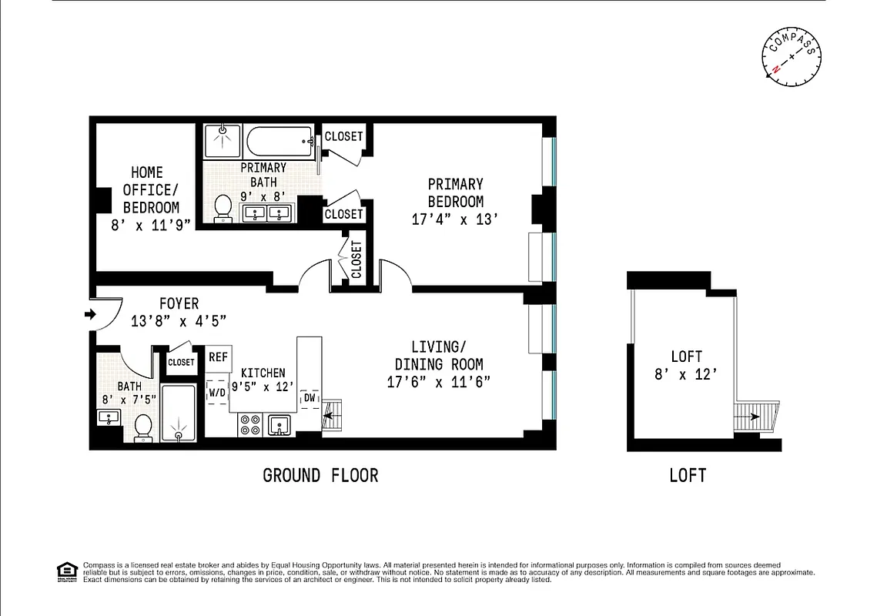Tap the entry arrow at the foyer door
coord(90,314)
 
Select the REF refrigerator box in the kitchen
coord(218,357)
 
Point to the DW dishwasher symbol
coord(310,397)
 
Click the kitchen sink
coord(279,424)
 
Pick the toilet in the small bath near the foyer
coord(143,427)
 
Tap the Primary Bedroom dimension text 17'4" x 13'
coord(456,219)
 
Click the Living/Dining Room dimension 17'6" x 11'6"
coord(439,381)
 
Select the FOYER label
coord(179,303)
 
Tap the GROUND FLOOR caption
coord(320,475)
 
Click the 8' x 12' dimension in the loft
coord(686,375)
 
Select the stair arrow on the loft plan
coord(750,417)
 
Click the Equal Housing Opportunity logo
coord(67,571)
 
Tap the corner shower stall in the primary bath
coord(223,141)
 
